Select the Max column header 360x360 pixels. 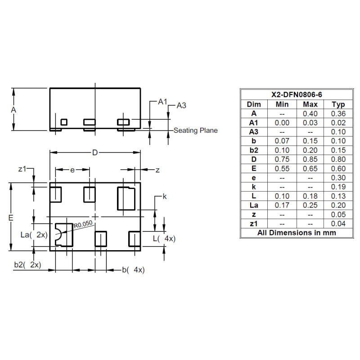[x=310, y=104]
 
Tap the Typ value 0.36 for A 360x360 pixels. [x=338, y=113]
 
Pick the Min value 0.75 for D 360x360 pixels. [x=282, y=159]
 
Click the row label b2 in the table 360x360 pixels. [x=254, y=150]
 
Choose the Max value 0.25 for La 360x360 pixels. [x=310, y=205]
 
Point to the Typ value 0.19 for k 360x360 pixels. [x=338, y=187]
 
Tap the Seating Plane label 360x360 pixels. [x=195, y=131]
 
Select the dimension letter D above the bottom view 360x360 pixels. [x=95, y=153]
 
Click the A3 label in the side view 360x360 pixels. [x=181, y=105]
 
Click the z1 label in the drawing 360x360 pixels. [x=22, y=169]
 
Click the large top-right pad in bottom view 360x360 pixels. [x=126, y=198]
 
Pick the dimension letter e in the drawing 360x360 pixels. [x=72, y=170]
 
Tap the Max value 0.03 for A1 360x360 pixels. [x=310, y=123]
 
